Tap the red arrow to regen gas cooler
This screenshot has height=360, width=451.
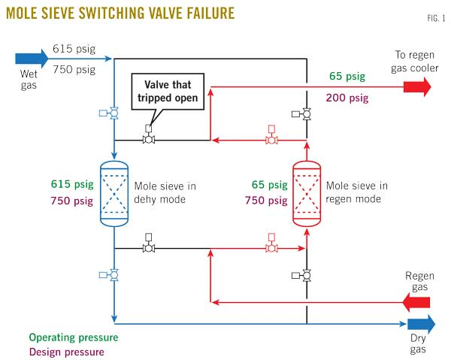tap(416, 88)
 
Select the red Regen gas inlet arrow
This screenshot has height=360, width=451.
tap(416, 303)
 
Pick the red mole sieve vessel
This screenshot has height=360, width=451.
tap(307, 193)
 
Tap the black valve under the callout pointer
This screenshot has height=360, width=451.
tap(149, 139)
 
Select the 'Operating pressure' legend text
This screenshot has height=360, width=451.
tap(73, 337)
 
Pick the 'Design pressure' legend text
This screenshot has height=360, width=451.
tap(67, 351)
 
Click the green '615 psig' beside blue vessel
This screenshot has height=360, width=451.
tap(71, 185)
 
